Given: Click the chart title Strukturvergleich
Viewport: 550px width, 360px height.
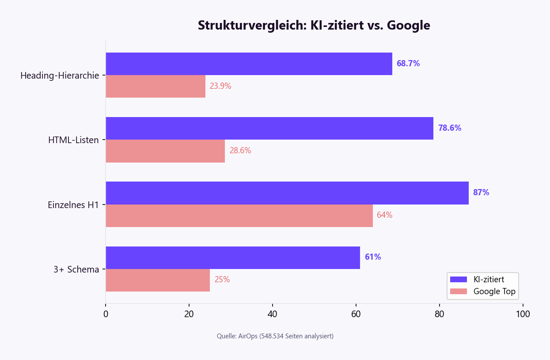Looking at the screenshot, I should [314, 26].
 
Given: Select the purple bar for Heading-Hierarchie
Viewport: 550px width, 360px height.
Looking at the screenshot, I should [249, 64].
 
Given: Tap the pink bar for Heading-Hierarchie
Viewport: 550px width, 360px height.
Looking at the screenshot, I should [156, 86].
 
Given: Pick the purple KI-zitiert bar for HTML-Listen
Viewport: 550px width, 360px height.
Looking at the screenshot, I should [269, 128].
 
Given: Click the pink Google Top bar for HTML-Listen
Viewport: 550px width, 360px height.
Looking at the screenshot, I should [165, 151].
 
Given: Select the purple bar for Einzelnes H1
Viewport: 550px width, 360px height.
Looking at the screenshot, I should [287, 193].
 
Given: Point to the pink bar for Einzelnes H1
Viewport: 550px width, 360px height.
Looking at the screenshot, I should [239, 215].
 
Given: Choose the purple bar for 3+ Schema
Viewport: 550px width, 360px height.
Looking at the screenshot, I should [233, 258].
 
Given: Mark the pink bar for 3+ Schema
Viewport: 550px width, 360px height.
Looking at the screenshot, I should [158, 280].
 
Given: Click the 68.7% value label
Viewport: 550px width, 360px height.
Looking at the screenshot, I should [408, 64].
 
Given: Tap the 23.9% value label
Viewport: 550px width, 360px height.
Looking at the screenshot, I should [220, 86].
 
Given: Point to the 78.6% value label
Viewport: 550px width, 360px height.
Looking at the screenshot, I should [450, 128].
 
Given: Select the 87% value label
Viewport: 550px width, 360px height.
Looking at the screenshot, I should [481, 193].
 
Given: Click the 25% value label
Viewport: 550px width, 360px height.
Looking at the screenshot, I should [222, 280].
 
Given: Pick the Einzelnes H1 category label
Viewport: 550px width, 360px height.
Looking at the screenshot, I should [73, 205].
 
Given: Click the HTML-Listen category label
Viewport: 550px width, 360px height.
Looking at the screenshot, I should [73, 140].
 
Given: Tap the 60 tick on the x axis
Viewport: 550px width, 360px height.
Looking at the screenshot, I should [356, 314].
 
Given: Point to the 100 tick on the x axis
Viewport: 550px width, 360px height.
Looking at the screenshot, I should [523, 314].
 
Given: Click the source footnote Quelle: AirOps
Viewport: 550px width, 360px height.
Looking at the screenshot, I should [275, 336].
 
